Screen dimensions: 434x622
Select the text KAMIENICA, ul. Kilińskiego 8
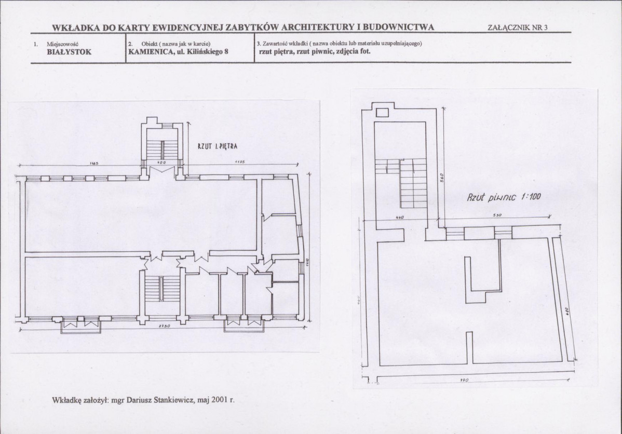click(x=178, y=51)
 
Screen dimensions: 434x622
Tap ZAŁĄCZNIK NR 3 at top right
click(x=518, y=28)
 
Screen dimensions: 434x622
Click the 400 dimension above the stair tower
click(x=162, y=163)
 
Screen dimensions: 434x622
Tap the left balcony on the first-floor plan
click(x=81, y=325)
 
